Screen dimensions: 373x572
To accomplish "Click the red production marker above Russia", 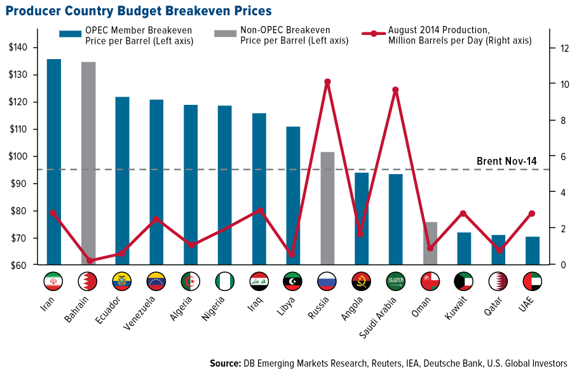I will (327, 82).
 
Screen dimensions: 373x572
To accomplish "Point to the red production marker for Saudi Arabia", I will (395, 90).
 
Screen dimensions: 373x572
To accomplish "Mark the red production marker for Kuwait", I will (463, 214).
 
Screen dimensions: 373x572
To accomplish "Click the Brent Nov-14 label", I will (506, 161).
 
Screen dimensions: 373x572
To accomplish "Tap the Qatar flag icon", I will (498, 281).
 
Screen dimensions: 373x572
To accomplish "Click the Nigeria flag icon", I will (225, 281).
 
